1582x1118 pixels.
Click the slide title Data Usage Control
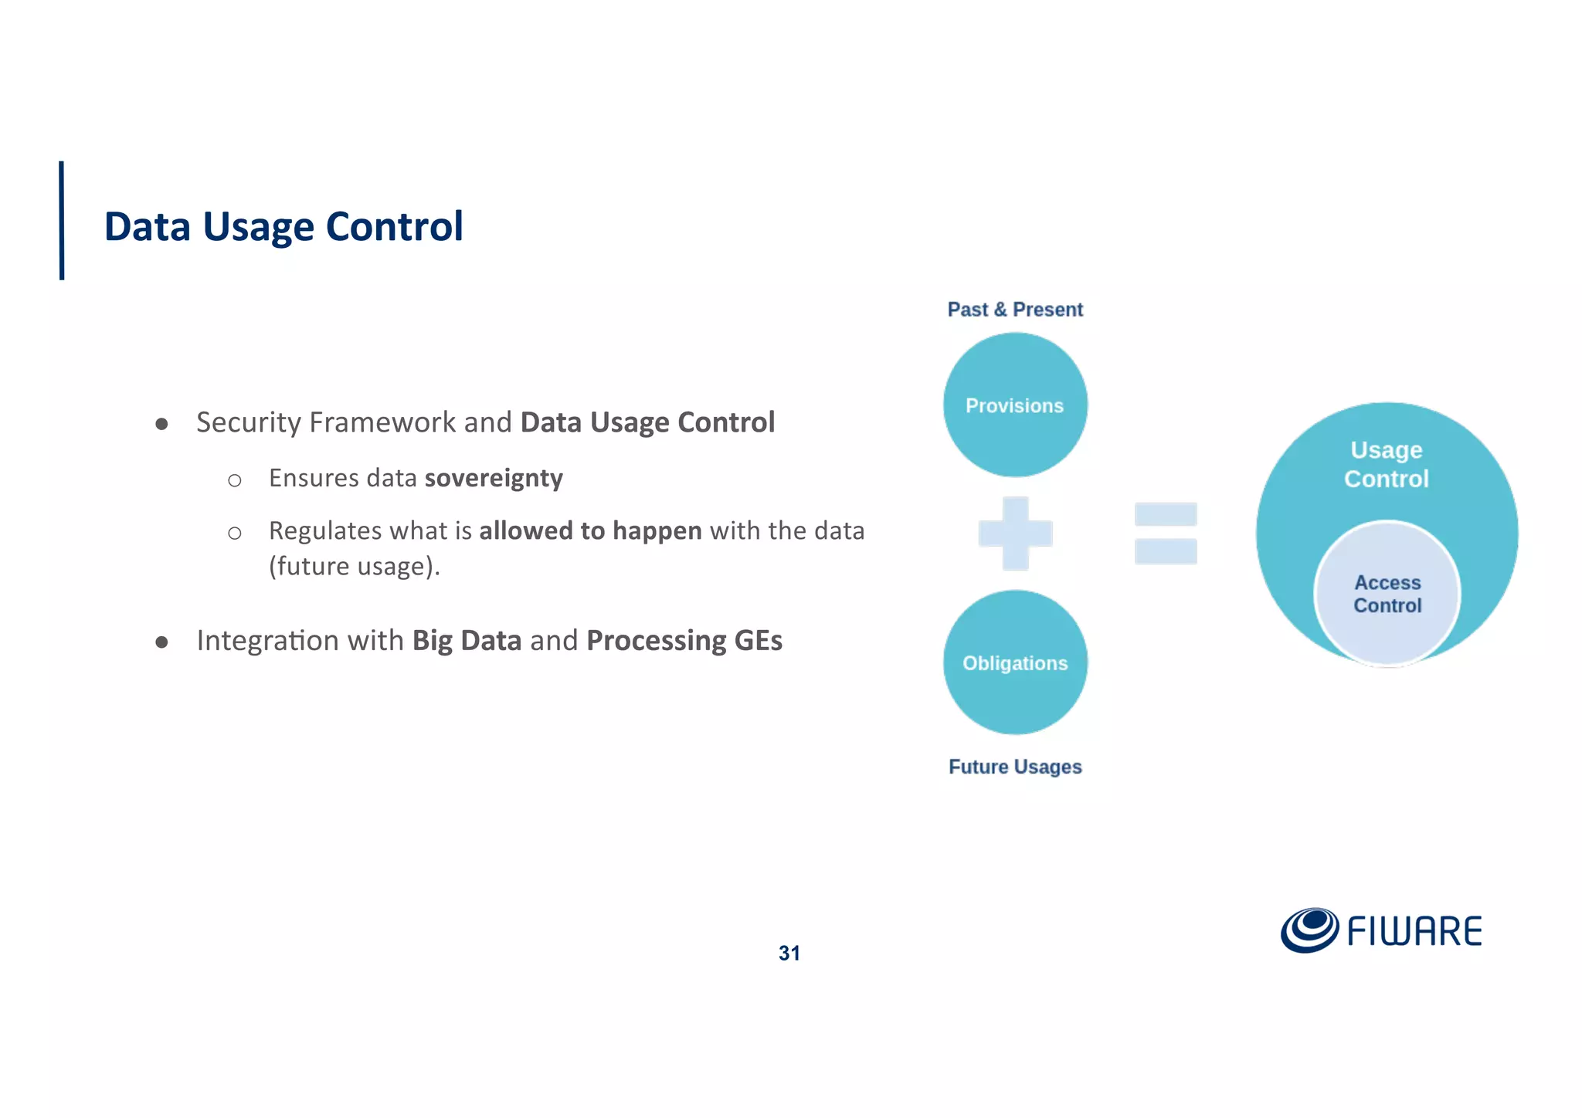click(x=283, y=227)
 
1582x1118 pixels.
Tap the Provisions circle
click(x=1015, y=405)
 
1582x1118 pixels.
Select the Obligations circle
click(x=1015, y=662)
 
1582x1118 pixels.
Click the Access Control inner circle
click(x=1387, y=594)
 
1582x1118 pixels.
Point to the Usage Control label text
click(x=1387, y=464)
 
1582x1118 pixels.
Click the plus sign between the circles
click(x=1015, y=534)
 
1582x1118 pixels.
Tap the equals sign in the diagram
click(x=1166, y=534)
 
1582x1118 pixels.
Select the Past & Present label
click(x=1015, y=310)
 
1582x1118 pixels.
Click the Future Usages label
click(x=1015, y=767)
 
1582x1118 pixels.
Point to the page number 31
click(x=789, y=953)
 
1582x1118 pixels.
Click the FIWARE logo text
click(x=1414, y=931)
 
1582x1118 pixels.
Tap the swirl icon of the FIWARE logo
click(x=1309, y=930)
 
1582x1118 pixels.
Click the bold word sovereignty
click(x=494, y=479)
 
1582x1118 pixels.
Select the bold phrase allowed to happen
click(x=590, y=531)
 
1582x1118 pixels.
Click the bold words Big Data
click(x=467, y=641)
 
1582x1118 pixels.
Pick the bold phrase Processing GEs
click(x=684, y=641)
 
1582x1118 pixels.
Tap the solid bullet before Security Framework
click(x=161, y=424)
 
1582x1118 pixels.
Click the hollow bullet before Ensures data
click(x=235, y=481)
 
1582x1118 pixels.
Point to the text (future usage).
click(x=355, y=567)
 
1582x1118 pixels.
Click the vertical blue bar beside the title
click(x=62, y=220)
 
